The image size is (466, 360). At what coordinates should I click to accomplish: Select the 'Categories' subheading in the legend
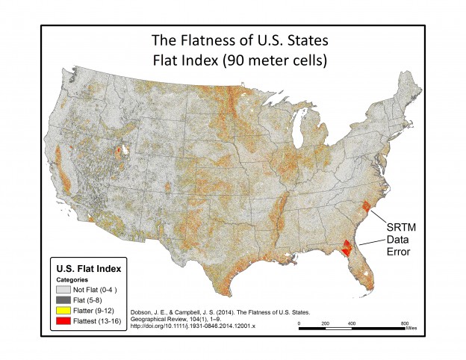tap(72, 279)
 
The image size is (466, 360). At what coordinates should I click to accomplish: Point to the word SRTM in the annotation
tap(403, 226)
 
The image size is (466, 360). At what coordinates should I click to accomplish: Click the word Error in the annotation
tap(403, 252)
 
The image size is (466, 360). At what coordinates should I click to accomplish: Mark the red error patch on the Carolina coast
tap(364, 206)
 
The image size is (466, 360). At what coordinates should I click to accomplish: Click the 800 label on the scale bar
tap(403, 323)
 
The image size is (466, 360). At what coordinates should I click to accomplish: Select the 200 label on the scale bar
tap(325, 323)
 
